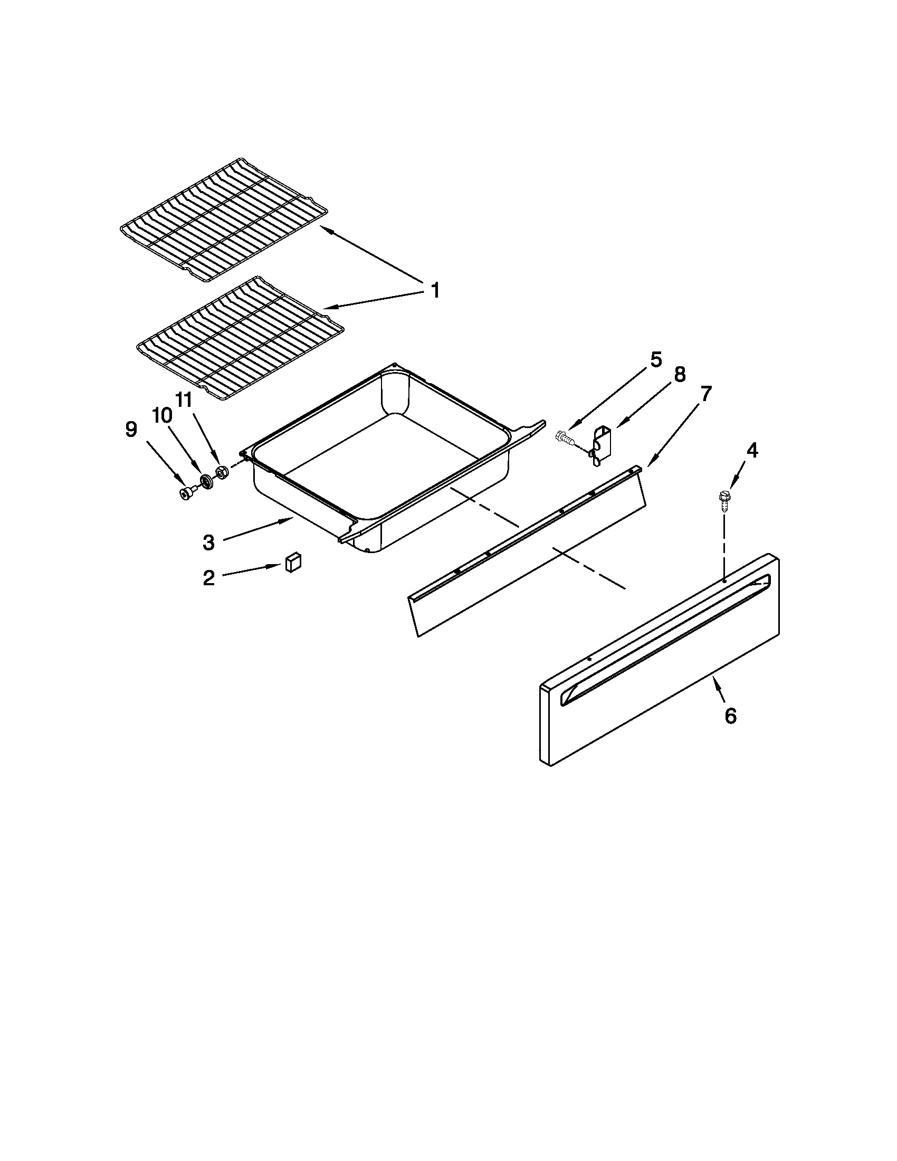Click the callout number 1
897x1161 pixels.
[x=435, y=291]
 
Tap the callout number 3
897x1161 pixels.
[x=209, y=543]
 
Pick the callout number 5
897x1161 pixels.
[x=656, y=360]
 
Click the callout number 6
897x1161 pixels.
[x=731, y=716]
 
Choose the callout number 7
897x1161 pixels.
[x=705, y=394]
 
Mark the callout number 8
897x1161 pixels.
[x=680, y=375]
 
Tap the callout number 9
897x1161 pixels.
[x=131, y=429]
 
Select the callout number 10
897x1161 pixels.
[x=162, y=416]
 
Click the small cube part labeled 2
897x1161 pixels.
[x=293, y=562]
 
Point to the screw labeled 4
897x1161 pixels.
[x=723, y=500]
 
